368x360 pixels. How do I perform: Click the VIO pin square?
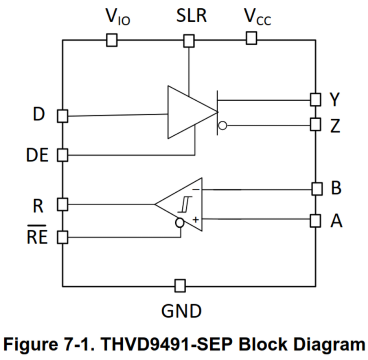(112, 41)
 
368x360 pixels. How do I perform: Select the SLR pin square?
(189, 41)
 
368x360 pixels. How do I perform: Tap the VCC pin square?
(251, 39)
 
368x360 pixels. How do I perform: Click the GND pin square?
(180, 286)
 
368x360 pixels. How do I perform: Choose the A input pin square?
(315, 219)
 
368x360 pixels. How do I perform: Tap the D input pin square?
(63, 116)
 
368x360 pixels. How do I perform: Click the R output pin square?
(63, 204)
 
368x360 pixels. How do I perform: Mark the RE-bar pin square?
(63, 238)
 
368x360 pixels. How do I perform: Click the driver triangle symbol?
(188, 113)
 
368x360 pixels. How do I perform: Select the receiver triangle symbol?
(184, 204)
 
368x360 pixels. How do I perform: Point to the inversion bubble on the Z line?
(223, 126)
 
